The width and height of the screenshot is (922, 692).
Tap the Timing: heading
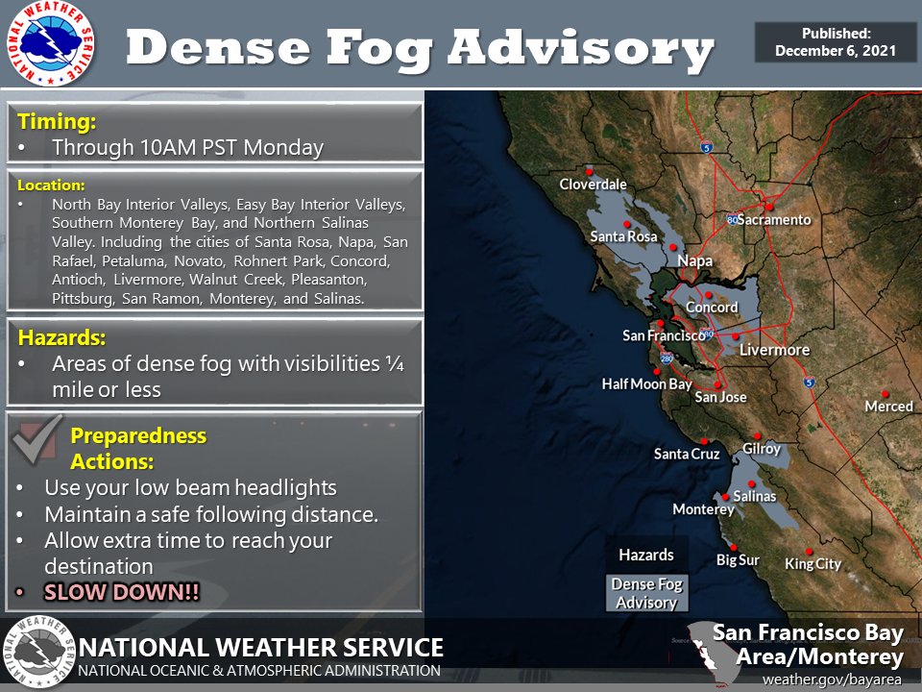[58, 122]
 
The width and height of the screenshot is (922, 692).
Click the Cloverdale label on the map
[593, 185]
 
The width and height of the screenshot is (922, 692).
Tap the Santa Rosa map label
[623, 236]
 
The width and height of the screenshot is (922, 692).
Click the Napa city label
[695, 260]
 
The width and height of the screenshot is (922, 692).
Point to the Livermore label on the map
[774, 350]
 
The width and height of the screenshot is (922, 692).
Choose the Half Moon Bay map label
[647, 384]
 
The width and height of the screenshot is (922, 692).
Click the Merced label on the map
[888, 407]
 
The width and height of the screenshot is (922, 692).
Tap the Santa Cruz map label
[687, 454]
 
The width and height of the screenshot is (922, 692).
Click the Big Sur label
[738, 559]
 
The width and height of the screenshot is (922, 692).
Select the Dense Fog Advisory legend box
[646, 593]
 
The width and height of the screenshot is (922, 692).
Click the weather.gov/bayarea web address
[833, 679]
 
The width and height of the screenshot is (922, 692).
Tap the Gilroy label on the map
[762, 449]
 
